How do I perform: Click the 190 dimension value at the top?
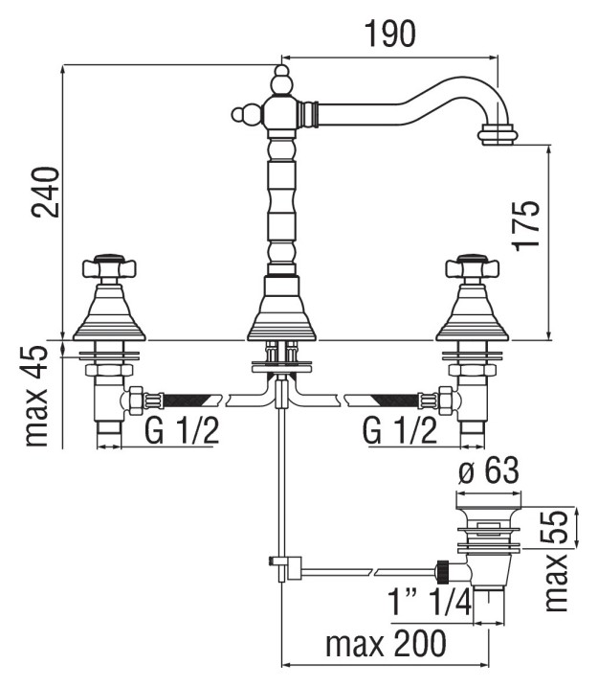(x=390, y=34)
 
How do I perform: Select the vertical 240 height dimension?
(x=45, y=192)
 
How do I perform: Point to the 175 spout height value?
(x=525, y=225)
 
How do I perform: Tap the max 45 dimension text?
(x=36, y=396)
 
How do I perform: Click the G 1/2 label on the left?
(x=182, y=430)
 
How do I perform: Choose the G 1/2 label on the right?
(x=400, y=430)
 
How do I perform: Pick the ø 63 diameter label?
(x=489, y=471)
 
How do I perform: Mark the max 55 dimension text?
(x=556, y=561)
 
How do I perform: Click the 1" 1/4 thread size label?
(x=430, y=602)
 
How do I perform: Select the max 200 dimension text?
(x=386, y=644)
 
